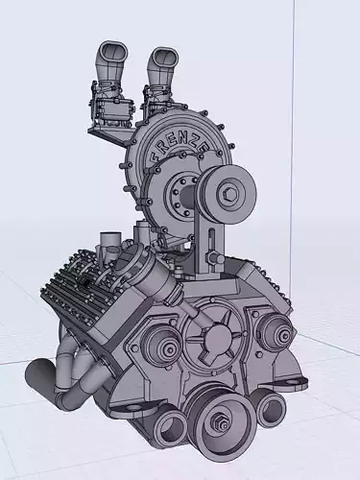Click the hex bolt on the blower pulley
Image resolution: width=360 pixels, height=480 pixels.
point(230,193)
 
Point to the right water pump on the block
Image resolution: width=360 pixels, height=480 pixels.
point(276,334)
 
